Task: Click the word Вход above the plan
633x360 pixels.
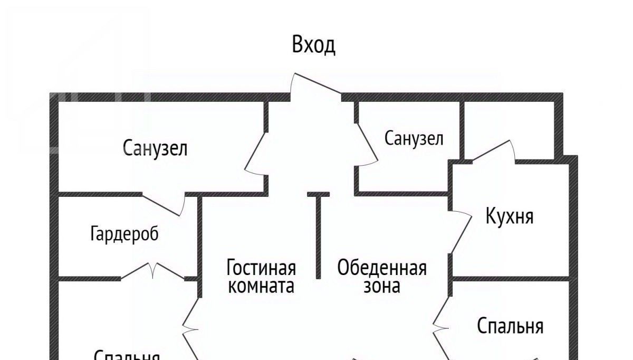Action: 313,45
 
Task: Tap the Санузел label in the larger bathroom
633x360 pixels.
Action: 155,148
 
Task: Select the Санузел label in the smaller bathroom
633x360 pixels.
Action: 414,139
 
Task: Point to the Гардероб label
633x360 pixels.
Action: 124,233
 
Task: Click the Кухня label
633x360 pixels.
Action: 509,216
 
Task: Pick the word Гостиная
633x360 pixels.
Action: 261,268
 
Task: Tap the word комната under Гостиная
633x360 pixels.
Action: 261,286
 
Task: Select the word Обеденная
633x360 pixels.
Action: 382,268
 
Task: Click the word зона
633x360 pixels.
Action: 382,286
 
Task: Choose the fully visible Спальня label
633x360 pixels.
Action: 510,326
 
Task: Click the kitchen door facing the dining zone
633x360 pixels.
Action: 460,233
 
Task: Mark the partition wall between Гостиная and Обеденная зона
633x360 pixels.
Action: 319,235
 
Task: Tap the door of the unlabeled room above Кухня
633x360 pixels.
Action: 493,151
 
